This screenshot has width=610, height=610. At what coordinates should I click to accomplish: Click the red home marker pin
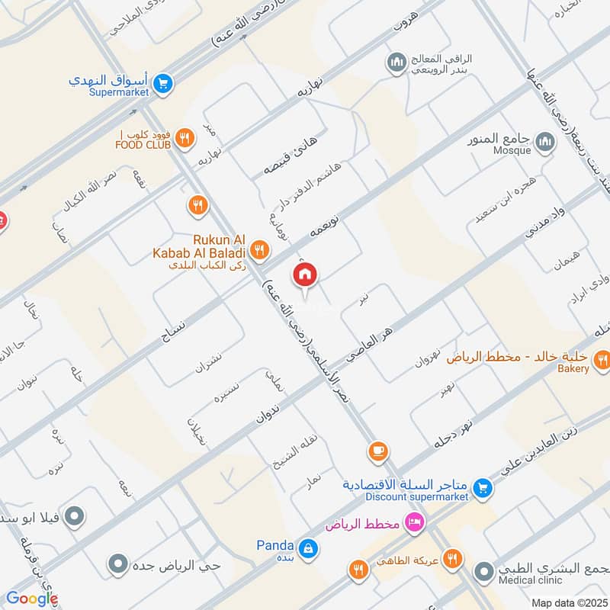305,275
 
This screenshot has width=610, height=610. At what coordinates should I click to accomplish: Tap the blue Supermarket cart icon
162,84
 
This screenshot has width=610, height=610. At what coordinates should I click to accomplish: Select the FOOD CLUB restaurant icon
184,138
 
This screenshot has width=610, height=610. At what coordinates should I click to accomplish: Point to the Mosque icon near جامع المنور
544,142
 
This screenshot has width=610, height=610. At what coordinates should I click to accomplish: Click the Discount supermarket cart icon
482,486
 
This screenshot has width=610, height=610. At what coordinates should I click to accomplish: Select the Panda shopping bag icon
307,547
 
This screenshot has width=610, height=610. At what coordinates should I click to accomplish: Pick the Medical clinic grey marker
483,571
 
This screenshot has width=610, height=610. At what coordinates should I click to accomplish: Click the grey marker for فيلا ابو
74,518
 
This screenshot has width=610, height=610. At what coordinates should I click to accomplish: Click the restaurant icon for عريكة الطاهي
453,560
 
